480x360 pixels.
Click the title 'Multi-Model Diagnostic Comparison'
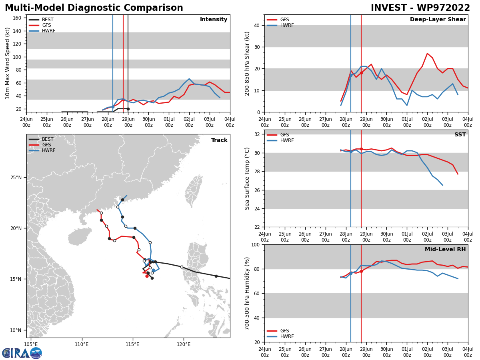click(94, 8)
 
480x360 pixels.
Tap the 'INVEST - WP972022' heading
click(420, 8)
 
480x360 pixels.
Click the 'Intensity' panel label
click(214, 20)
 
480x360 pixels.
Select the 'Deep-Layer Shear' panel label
click(438, 20)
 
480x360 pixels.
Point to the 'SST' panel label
click(460, 135)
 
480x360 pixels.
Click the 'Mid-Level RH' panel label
click(445, 250)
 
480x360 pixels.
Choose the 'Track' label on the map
click(219, 140)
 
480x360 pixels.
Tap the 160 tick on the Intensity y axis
click(17, 18)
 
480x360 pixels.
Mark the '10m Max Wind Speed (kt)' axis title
click(8, 63)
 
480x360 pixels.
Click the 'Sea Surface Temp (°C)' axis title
click(248, 178)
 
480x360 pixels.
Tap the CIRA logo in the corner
click(22, 353)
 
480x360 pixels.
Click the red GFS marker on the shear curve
click(361, 73)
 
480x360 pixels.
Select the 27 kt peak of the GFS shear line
click(427, 53)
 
